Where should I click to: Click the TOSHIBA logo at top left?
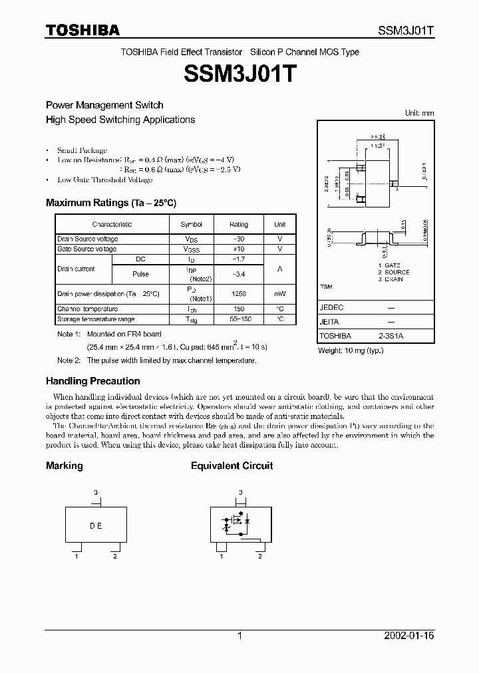pos(82,30)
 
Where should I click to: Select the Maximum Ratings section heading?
pos(110,202)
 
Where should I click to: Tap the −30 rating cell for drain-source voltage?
pos(238,239)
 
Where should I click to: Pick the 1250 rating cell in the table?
pos(238,293)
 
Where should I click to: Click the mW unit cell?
pos(279,293)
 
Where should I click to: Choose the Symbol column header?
pos(191,225)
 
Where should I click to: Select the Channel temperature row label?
pos(88,309)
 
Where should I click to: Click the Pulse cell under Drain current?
pos(140,274)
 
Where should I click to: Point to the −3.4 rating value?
pos(238,274)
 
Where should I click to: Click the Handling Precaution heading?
pos(92,381)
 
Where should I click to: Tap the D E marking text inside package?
pos(96,525)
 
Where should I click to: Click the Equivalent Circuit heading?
pos(232,466)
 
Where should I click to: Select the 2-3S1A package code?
pos(391,336)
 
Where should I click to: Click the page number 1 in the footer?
pos(239,636)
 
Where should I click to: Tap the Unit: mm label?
pos(419,113)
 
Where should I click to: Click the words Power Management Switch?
pos(104,105)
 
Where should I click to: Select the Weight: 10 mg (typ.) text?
pos(351,350)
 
